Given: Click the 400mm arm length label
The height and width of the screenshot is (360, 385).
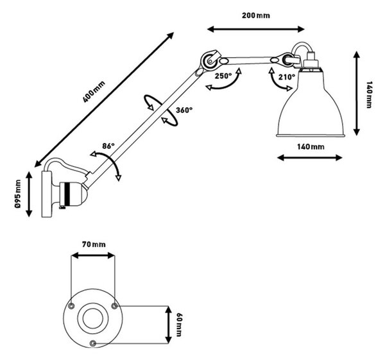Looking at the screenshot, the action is (94, 92).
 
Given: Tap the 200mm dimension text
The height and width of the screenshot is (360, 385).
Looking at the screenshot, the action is (256, 15).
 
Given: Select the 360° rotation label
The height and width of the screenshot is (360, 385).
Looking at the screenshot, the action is (184, 110).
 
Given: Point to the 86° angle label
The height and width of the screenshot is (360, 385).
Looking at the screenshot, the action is (108, 146).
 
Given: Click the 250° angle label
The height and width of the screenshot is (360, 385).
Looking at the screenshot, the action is (223, 76).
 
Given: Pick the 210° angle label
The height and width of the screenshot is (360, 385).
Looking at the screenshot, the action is (287, 77).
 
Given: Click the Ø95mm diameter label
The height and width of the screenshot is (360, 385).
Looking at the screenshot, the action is (18, 194).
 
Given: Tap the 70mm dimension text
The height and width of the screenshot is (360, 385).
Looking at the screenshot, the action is (94, 244).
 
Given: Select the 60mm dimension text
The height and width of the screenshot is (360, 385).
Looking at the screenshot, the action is (179, 325).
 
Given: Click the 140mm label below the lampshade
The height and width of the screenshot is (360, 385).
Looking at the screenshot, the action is (311, 147).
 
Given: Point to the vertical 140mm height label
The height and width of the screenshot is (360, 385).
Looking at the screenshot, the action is (369, 95).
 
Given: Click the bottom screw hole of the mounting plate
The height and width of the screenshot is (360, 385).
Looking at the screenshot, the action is (93, 343).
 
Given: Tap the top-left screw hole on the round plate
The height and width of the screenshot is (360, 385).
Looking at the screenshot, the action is (71, 305).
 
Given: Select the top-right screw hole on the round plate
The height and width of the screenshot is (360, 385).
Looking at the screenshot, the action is (114, 306).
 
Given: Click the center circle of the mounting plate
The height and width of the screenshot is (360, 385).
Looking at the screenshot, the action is (93, 318).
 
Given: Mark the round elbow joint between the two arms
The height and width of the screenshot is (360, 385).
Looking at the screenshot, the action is (209, 60).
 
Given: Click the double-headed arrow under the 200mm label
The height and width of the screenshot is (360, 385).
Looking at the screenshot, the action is (256, 30).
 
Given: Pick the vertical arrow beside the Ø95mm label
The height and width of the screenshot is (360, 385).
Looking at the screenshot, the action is (30, 194).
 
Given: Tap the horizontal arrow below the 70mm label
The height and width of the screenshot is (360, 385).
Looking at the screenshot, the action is (93, 255).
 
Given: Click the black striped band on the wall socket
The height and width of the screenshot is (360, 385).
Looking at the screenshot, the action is (68, 194).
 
